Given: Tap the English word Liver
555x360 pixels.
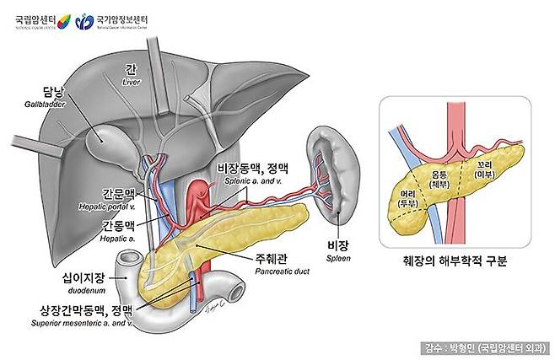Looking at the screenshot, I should (130, 83).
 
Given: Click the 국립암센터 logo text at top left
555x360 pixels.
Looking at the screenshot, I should (38, 18).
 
